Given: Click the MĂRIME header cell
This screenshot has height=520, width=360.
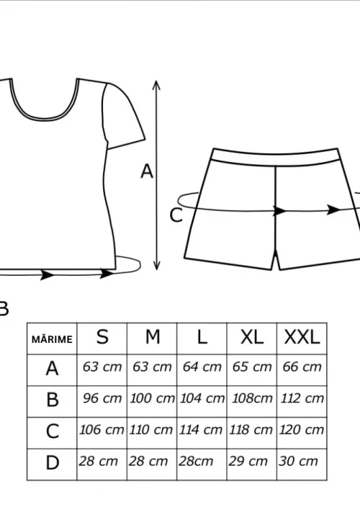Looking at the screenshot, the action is click(x=52, y=339).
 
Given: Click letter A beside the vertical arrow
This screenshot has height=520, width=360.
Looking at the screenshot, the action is click(x=147, y=172).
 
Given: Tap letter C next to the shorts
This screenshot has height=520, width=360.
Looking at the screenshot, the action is click(x=176, y=215).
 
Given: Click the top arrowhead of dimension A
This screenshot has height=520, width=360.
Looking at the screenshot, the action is click(x=156, y=85).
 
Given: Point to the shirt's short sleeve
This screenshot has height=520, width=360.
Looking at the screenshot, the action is click(x=122, y=115).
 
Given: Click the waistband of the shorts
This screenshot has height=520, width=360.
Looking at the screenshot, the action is click(x=276, y=156).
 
